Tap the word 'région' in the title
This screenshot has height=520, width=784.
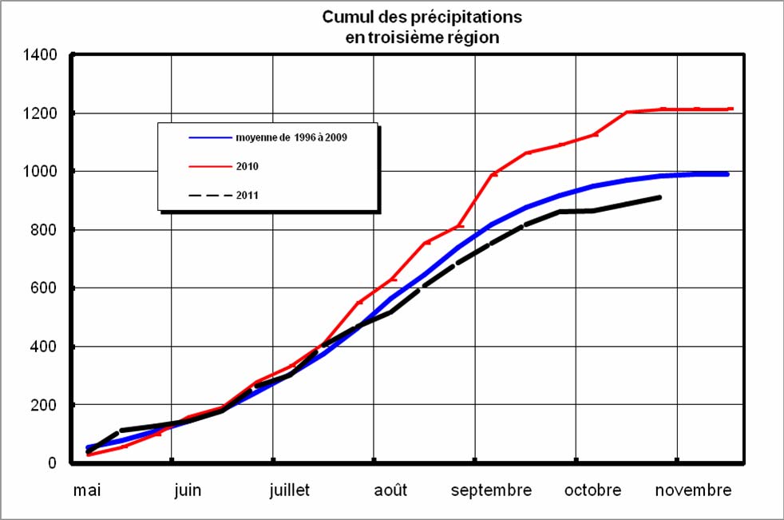[470, 38]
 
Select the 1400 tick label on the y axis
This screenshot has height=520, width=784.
[41, 55]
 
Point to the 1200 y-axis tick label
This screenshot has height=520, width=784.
[41, 113]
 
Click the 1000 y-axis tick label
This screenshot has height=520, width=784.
[41, 172]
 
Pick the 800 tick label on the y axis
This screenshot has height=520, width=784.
[45, 230]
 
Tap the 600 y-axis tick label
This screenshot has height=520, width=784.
[45, 288]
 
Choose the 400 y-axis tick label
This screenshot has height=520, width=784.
[45, 347]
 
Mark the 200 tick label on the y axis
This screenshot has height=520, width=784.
[45, 405]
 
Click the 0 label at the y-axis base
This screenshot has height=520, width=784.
[53, 463]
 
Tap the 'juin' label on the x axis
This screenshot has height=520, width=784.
[188, 490]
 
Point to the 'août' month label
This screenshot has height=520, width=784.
[390, 490]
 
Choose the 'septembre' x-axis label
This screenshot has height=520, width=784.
[491, 490]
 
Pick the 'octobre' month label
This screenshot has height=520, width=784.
[592, 490]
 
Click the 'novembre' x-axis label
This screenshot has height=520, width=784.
[693, 490]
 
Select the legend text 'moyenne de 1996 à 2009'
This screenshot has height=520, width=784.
[291, 137]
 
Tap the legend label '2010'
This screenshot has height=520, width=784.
[247, 167]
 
